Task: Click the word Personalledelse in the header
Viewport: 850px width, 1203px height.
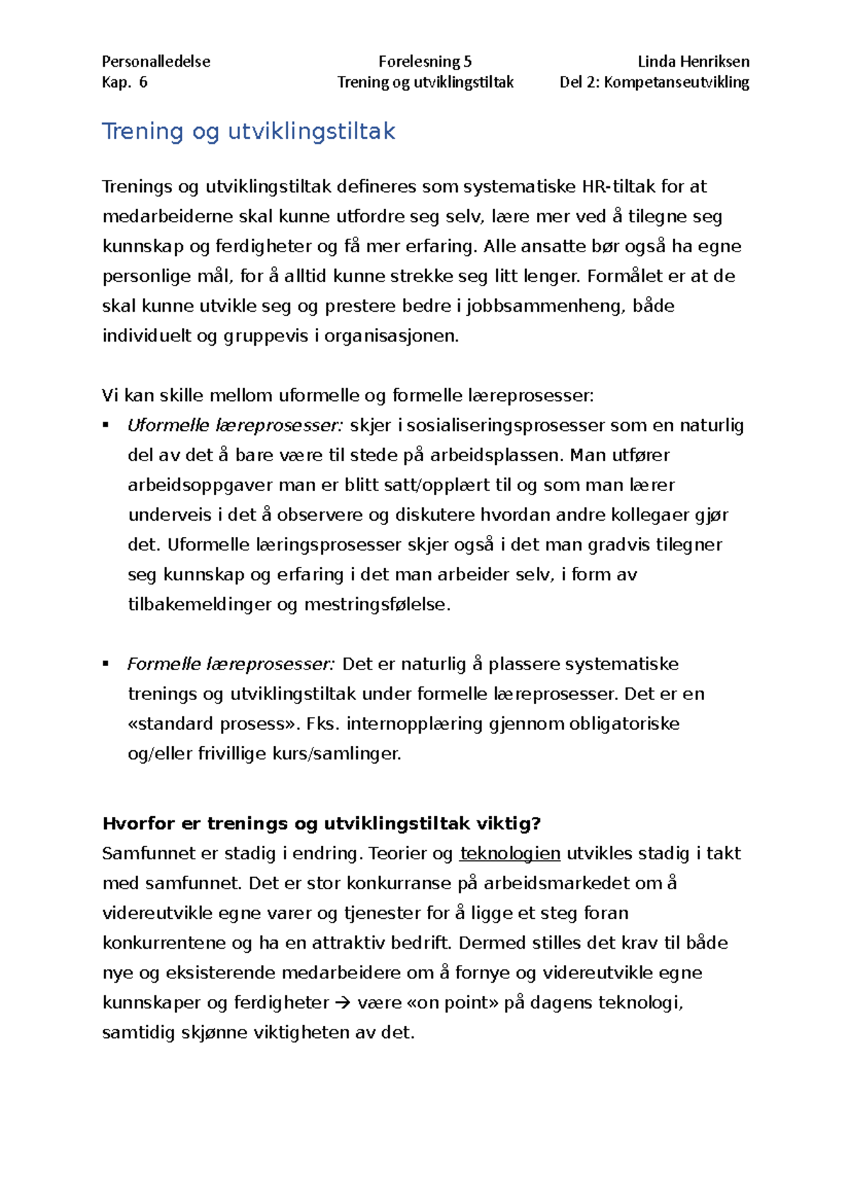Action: tap(156, 62)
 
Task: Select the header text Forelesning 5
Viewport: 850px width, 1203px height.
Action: tap(424, 62)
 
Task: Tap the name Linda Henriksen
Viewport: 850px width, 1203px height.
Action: tap(693, 62)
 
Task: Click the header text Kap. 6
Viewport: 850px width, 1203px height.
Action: tap(124, 82)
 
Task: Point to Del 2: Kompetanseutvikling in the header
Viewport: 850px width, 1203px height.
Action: tap(654, 82)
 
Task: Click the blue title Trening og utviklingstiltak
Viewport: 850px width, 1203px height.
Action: tap(248, 131)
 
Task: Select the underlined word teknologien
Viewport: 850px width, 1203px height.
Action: tap(510, 854)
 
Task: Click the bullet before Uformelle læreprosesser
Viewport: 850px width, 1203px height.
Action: tap(106, 425)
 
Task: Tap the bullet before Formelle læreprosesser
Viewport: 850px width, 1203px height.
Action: tap(106, 664)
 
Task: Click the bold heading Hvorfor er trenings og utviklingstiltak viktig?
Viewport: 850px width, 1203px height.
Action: tap(322, 823)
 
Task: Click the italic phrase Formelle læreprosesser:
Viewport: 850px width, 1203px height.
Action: tap(230, 665)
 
